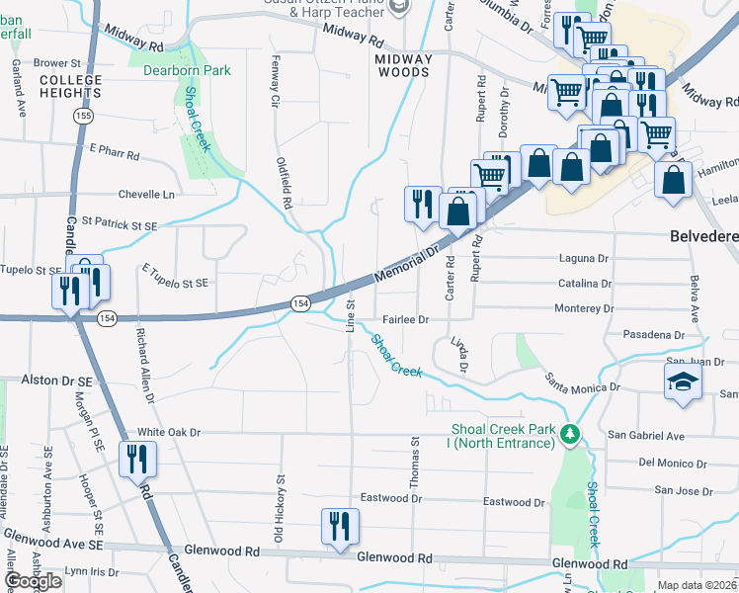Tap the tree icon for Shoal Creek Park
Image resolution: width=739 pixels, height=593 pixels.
point(569,434)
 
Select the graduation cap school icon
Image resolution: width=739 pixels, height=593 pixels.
point(681,381)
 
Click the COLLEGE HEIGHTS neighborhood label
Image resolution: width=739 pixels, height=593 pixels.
point(69,85)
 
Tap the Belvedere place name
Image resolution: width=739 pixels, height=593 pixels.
point(703,237)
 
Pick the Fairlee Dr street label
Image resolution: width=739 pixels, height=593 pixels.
point(405,320)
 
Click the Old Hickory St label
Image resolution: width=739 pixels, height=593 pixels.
point(280,508)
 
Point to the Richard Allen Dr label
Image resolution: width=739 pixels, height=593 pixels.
point(145,366)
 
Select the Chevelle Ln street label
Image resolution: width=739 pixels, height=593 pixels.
point(145,195)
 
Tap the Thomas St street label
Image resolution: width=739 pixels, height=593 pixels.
point(415,463)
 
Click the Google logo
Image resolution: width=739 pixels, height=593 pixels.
point(34,581)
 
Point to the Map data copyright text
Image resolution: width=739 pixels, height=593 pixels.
point(698,585)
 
